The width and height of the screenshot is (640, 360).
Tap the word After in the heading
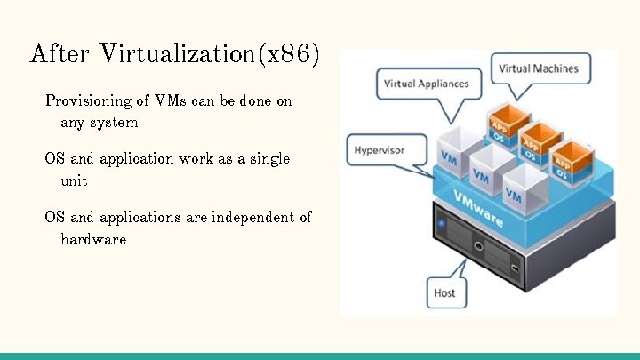60,54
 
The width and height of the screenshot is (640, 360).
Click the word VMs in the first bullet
169,101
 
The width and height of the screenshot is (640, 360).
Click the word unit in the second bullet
75,180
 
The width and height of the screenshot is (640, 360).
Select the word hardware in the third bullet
93,239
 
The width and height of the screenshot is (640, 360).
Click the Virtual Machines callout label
538,68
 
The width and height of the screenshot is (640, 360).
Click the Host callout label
444,292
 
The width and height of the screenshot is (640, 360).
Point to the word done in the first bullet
257,101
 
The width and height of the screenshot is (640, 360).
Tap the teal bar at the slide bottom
320,356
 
